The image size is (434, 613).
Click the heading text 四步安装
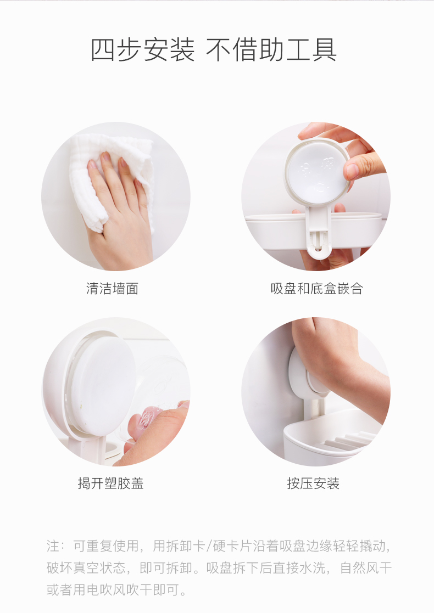tap(142, 50)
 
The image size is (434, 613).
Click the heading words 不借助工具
tap(271, 50)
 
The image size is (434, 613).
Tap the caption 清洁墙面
tap(112, 289)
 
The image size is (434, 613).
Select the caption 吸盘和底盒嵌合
tap(316, 289)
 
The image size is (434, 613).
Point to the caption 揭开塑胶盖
tap(111, 483)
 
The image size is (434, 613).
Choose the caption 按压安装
tap(313, 483)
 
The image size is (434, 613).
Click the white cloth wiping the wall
tap(109, 172)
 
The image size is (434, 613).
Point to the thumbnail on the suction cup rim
tap(354, 171)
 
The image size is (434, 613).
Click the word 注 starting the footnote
tap(53, 545)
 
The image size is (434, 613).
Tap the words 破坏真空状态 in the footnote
tap(86, 567)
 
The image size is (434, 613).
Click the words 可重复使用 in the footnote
tap(106, 545)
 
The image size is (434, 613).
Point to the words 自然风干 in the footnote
tap(365, 567)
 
